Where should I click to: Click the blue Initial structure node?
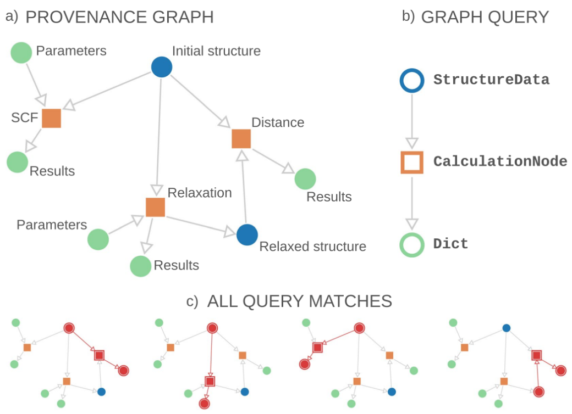[x=162, y=67]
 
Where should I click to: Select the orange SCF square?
[x=52, y=118]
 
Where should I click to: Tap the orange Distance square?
[x=241, y=139]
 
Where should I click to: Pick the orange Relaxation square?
[x=156, y=207]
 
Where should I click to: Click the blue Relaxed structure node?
[x=247, y=235]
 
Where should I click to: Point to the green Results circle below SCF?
[x=18, y=162]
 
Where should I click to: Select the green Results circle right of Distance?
[x=305, y=179]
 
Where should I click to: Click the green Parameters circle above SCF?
[x=21, y=53]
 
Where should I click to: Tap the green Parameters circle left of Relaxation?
[x=98, y=239]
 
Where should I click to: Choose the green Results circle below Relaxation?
[x=140, y=266]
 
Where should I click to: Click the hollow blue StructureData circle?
[x=412, y=69]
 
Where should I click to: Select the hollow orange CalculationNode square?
[x=402, y=163]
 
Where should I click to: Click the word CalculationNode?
[x=500, y=161]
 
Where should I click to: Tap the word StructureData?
[x=491, y=80]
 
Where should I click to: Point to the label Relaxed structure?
[x=312, y=247]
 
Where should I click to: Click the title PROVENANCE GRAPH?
[x=120, y=17]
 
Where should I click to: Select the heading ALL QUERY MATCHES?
[x=300, y=301]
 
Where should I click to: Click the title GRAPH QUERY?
[x=485, y=17]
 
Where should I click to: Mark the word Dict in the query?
[x=450, y=244]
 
